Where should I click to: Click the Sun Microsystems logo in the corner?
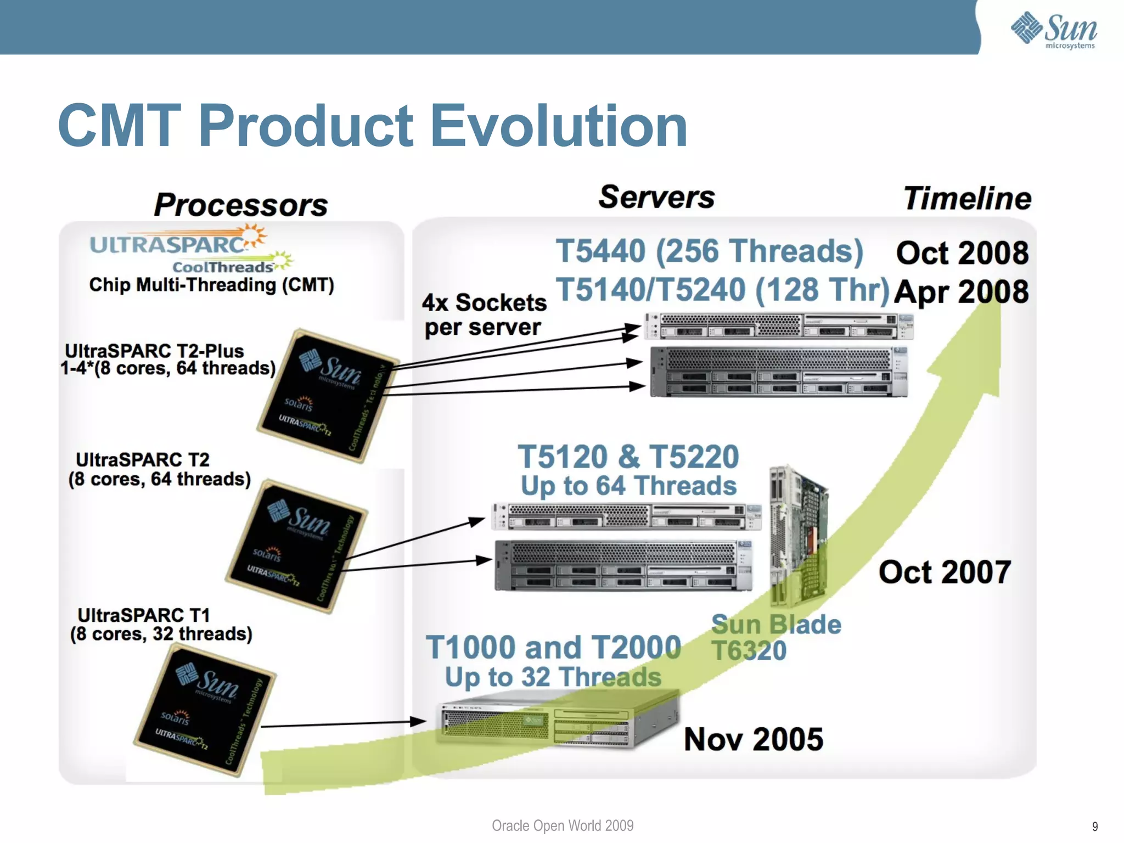[x=1053, y=30]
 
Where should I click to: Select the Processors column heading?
[x=240, y=205]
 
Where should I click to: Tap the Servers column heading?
[x=656, y=197]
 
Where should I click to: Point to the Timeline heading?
[x=967, y=198]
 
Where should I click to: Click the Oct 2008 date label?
[x=962, y=253]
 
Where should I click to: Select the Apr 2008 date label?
[x=961, y=291]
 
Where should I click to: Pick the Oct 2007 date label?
[x=944, y=572]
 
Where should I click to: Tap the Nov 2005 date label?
[x=753, y=739]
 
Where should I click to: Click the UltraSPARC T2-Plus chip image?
[x=328, y=395]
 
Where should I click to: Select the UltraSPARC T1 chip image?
[x=205, y=710]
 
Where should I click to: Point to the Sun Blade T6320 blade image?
[x=798, y=535]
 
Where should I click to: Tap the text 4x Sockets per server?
[x=484, y=314]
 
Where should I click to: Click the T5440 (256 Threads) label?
[x=709, y=251]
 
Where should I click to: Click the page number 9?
[x=1094, y=827]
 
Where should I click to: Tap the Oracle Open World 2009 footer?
[x=562, y=825]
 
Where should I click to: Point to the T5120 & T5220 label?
[x=628, y=457]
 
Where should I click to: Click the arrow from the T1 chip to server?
[x=343, y=724]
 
